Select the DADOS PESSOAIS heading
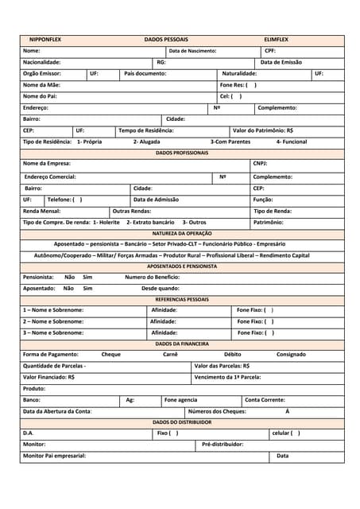[x=166, y=39]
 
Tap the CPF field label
[x=270, y=50]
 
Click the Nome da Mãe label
[x=41, y=84]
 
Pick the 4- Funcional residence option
[x=291, y=142]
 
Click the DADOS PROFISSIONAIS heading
[x=182, y=153]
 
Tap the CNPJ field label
[x=260, y=164]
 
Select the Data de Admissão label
[x=156, y=200]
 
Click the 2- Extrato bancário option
[x=150, y=223]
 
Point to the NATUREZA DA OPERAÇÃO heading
[x=182, y=234]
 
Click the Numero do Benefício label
[x=153, y=277]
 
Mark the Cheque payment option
[x=111, y=354]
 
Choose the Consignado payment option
[x=291, y=354]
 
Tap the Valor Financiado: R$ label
[x=48, y=377]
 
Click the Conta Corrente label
[x=265, y=400]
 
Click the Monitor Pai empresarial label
[x=54, y=456]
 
